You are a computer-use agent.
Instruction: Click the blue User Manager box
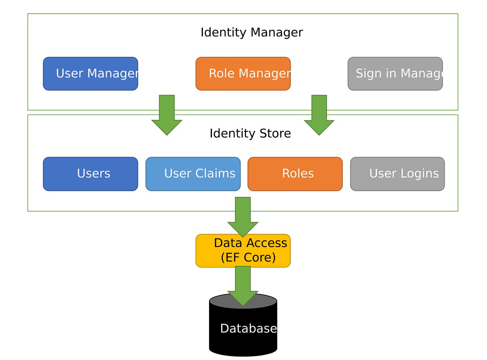pos(90,74)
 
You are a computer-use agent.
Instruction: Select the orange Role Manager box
pos(243,74)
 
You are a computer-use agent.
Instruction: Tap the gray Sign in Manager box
pos(395,74)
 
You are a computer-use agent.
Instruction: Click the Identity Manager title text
pos(251,32)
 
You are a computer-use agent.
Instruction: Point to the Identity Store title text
pos(250,133)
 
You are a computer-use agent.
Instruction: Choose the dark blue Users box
pos(90,174)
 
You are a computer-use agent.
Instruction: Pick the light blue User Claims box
pos(193,174)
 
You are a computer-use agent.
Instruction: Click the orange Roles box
pos(295,174)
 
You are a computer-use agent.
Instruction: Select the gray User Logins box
pos(397,174)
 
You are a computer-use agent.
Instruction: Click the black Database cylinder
pos(243,333)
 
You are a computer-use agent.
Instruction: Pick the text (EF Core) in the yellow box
pos(248,257)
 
